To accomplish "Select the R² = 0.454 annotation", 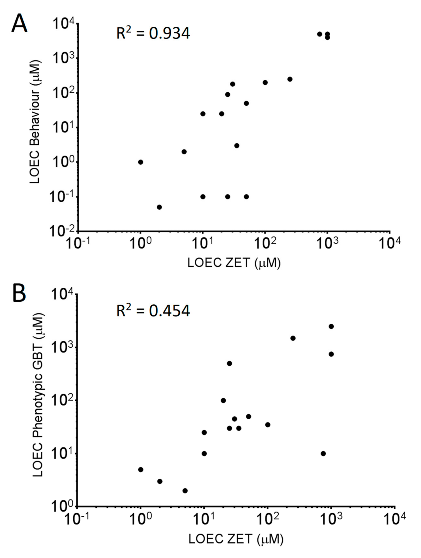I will pos(153,311).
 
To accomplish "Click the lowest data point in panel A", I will pos(159,207).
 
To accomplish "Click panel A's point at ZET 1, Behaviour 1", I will pos(141,162).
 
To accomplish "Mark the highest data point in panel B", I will pos(331,326).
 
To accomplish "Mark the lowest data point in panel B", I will pos(185,491).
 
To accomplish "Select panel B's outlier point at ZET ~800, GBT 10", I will pos(323,454).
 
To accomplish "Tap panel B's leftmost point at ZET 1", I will pos(141,469).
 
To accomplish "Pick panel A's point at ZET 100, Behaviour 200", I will pos(265,83).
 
